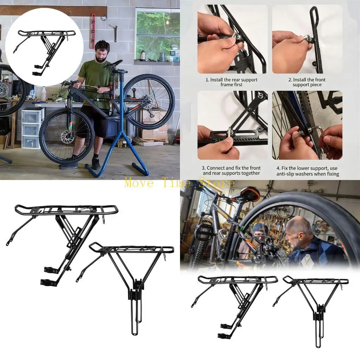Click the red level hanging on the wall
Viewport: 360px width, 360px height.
point(93,31)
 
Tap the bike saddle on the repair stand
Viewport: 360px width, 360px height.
point(113,64)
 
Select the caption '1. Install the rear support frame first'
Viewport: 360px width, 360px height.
point(231,82)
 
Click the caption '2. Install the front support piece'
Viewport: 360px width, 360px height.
point(307,82)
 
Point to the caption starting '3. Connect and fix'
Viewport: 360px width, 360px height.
point(231,171)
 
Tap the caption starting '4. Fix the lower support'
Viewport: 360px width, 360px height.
point(308,171)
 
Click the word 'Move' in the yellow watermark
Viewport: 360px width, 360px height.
point(139,183)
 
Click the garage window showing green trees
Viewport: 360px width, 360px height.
point(157,34)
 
